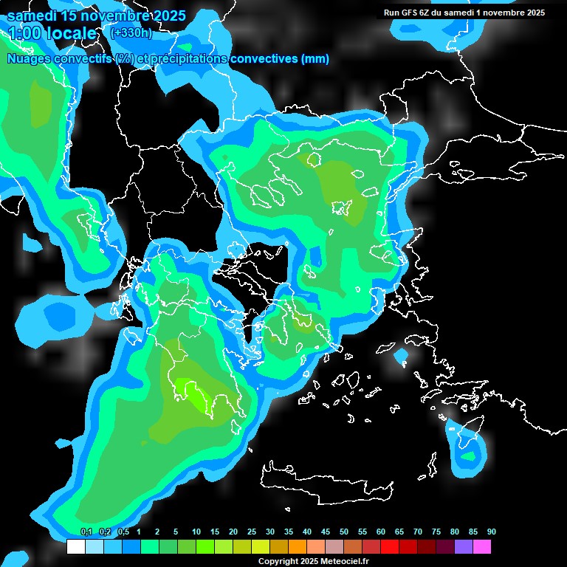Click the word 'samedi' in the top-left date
[x=31, y=16]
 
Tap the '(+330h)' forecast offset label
[x=131, y=32]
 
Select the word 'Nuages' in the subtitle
[x=29, y=59]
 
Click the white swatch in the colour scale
[x=75, y=546]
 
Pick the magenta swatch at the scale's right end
[x=482, y=546]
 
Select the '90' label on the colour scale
[x=491, y=532]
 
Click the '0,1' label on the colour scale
[x=86, y=532]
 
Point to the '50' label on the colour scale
[x=344, y=532]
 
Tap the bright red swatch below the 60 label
[x=390, y=546]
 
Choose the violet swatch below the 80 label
[x=464, y=546]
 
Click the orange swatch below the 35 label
[x=298, y=546]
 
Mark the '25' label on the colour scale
[x=252, y=532]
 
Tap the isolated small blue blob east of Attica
[x=401, y=357]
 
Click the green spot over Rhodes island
[x=468, y=456]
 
